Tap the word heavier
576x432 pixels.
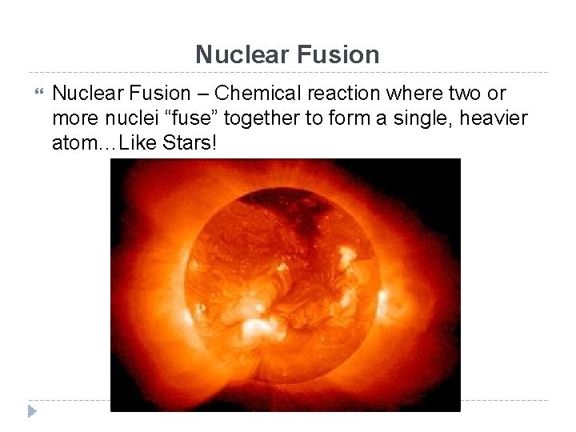[x=496, y=119]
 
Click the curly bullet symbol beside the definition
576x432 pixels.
[x=33, y=94]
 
